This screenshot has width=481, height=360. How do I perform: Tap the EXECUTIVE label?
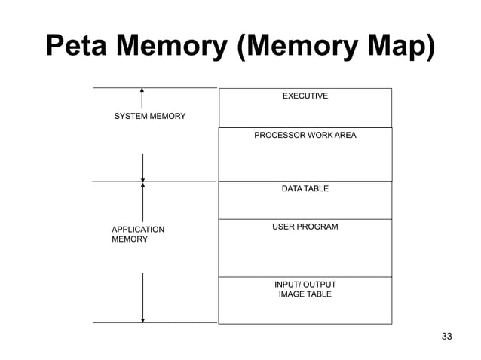(x=305, y=96)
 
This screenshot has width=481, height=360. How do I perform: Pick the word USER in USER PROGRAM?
(x=284, y=227)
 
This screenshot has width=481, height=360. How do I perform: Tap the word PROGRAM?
(x=319, y=227)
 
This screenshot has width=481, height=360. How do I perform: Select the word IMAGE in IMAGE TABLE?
(x=291, y=294)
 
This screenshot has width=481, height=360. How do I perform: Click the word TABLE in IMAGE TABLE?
(x=319, y=294)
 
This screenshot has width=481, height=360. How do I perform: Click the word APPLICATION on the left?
(x=138, y=229)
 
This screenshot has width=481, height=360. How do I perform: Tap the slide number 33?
(x=446, y=336)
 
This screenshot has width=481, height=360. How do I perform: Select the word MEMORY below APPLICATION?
(x=130, y=239)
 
